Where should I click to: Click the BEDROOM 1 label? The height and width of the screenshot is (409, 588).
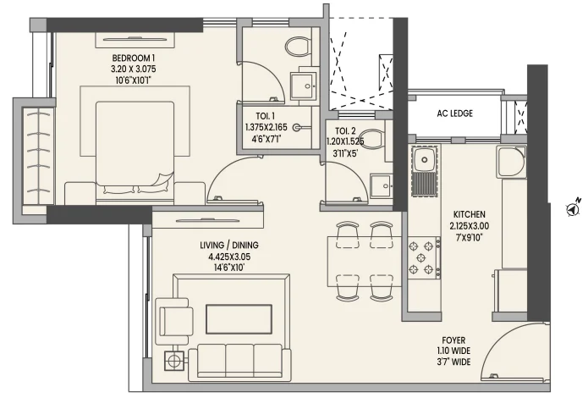(x=133, y=58)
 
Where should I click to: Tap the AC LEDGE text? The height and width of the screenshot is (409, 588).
(x=454, y=113)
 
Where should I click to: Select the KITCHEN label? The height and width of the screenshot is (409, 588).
(x=469, y=214)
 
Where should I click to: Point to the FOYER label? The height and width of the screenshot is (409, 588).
(x=453, y=340)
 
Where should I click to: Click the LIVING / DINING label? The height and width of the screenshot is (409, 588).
(x=229, y=246)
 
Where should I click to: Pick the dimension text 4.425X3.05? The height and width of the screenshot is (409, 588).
(x=229, y=257)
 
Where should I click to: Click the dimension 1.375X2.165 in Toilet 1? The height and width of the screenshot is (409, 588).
(x=266, y=128)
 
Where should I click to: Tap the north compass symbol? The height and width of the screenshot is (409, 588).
(x=573, y=208)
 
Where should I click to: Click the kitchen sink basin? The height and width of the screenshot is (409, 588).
(x=425, y=159)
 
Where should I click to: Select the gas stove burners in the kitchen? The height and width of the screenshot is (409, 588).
(x=421, y=257)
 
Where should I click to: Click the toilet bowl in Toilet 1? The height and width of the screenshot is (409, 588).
(x=298, y=47)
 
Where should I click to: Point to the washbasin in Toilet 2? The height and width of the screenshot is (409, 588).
(x=382, y=185)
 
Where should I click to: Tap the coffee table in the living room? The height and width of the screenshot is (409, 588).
(x=239, y=319)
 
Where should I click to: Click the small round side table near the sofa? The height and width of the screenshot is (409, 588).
(x=173, y=361)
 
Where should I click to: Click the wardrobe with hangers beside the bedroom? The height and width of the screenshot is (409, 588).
(x=38, y=156)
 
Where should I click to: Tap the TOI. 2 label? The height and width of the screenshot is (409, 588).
(x=345, y=131)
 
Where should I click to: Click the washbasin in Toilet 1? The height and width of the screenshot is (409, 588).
(x=303, y=86)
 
